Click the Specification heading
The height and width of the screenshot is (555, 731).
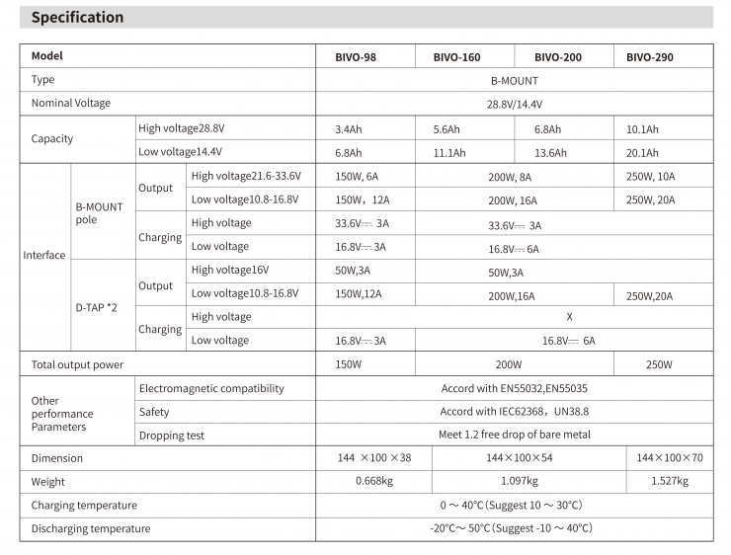[x=78, y=18]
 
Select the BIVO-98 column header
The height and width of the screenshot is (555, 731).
[x=356, y=57]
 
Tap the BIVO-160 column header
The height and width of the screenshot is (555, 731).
[x=457, y=57]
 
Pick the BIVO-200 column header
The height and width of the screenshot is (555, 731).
[x=558, y=57]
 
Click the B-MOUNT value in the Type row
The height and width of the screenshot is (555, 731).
[x=514, y=81]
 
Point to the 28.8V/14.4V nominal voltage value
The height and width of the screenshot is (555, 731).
[x=514, y=104]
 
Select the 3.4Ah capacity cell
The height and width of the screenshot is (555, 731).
[x=349, y=129]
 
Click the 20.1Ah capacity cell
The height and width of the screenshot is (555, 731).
[x=642, y=153]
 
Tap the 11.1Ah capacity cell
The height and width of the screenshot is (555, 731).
[x=449, y=153]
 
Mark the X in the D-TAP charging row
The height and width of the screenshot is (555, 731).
[x=570, y=317]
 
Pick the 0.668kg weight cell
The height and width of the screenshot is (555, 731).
[x=374, y=482]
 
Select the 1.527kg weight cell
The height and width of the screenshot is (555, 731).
[x=669, y=482]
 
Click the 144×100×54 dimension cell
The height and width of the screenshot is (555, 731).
[x=520, y=458]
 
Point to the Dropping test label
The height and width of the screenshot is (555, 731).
[x=173, y=435]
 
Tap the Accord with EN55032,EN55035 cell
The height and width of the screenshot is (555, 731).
[x=514, y=389]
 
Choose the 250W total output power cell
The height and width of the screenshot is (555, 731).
[x=659, y=364]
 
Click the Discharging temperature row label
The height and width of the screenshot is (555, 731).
[x=91, y=529]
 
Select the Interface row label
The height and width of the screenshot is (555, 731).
[x=44, y=255]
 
